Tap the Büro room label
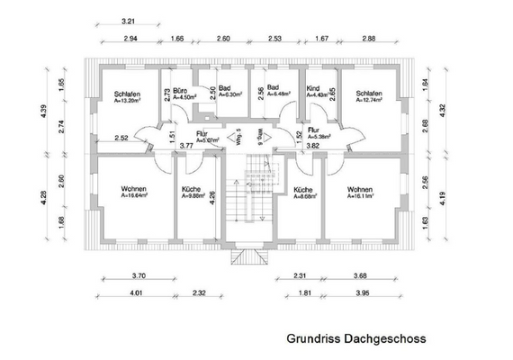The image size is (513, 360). (x=179, y=91)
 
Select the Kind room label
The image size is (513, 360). (x=313, y=89)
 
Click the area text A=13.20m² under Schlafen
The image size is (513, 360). (x=126, y=101)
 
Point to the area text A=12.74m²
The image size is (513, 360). (x=368, y=101)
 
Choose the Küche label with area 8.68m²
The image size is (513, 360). (x=302, y=189)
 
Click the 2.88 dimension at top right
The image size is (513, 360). (x=368, y=40)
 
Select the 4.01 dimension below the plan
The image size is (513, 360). (x=136, y=293)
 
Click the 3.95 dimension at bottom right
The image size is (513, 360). (x=361, y=293)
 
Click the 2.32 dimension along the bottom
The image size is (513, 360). (x=200, y=293)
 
